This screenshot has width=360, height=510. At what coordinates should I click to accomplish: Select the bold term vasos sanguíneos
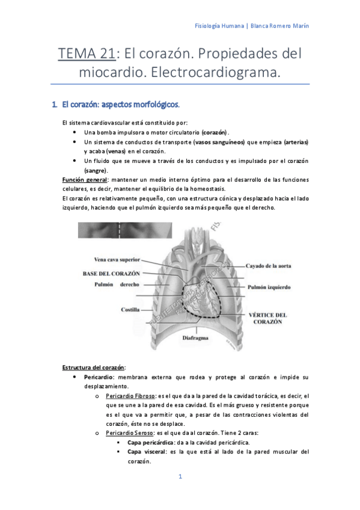coord(219,142)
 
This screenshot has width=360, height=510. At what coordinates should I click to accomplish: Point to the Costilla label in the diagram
coord(130,310)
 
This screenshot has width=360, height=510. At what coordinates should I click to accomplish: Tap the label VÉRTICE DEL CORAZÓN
coord(267,318)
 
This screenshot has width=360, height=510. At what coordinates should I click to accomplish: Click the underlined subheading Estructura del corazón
coord(94,367)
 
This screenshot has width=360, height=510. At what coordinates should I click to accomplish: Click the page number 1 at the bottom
coord(180,477)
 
